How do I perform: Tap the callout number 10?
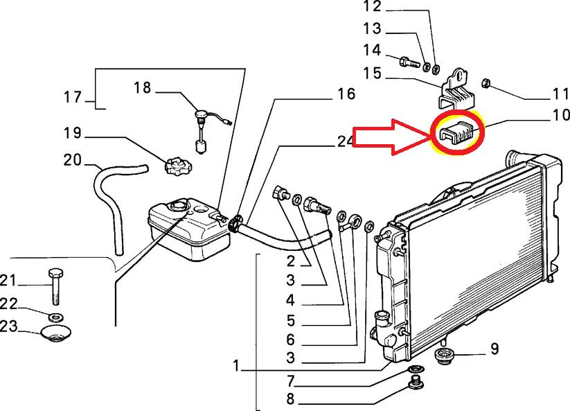pyautogui.click(x=560, y=116)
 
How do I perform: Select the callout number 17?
pyautogui.click(x=73, y=97)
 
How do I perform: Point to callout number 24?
pyautogui.click(x=346, y=141)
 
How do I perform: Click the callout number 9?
pyautogui.click(x=494, y=349)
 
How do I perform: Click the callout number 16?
pyautogui.click(x=346, y=94)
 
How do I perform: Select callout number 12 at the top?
pyautogui.click(x=391, y=8)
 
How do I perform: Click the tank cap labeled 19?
pyautogui.click(x=177, y=166)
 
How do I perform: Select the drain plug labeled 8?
pyautogui.click(x=416, y=383)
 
